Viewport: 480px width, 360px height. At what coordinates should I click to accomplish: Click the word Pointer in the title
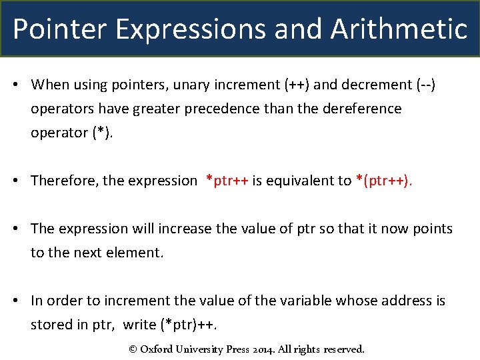[52, 29]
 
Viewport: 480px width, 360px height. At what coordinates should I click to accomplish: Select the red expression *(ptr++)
[385, 181]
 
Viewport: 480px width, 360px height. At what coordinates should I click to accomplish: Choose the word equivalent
[303, 181]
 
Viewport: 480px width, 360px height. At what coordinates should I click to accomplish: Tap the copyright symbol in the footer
[132, 349]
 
